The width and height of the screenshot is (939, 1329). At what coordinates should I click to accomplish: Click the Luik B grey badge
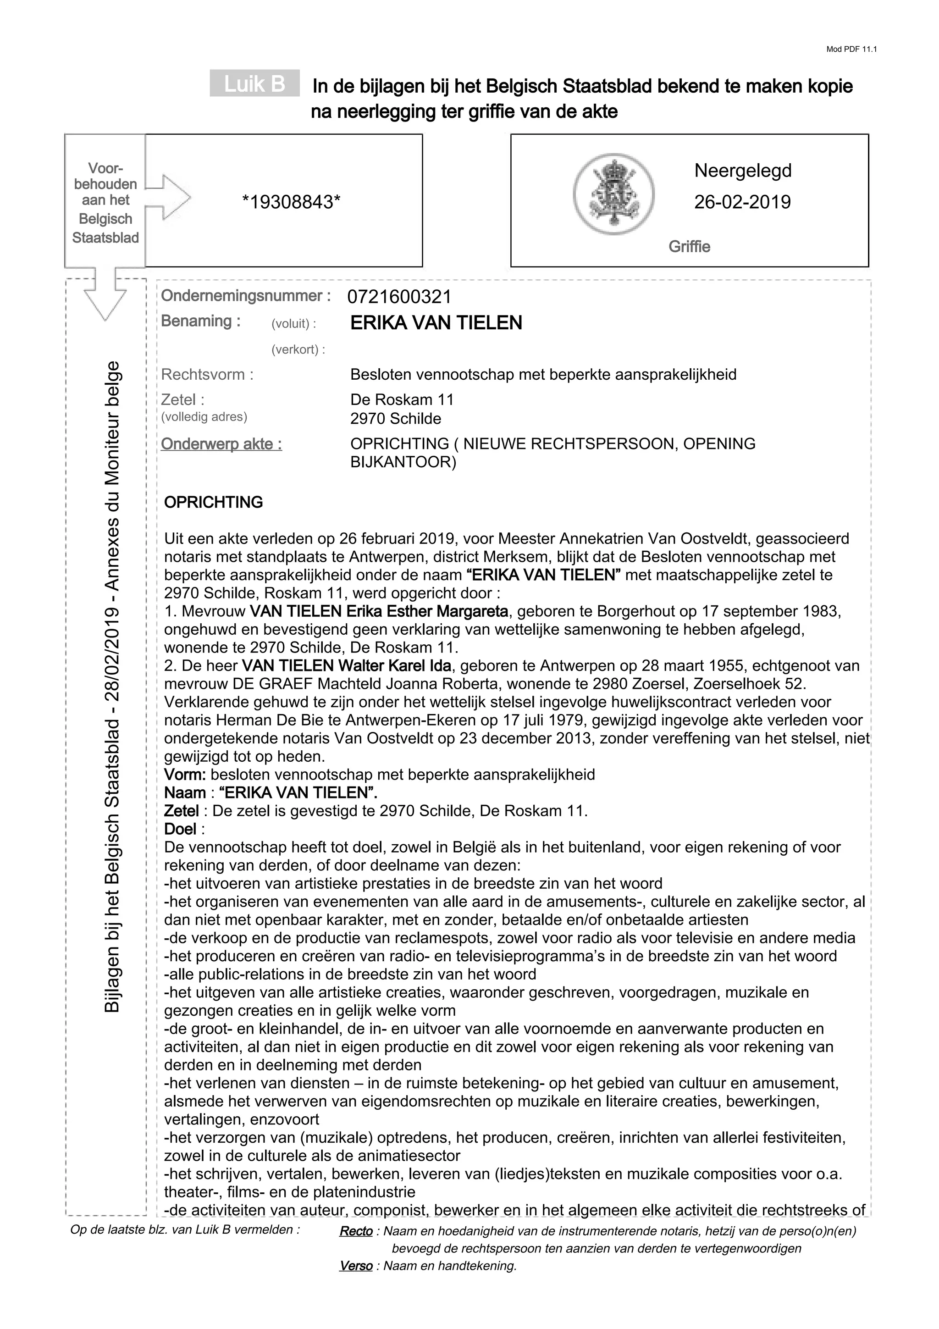(254, 84)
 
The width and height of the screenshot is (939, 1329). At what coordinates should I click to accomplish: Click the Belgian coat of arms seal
(613, 194)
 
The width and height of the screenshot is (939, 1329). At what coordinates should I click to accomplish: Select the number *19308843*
(291, 202)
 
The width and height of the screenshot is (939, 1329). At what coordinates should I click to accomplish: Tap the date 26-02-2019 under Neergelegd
(742, 202)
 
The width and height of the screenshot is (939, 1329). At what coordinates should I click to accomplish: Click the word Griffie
(689, 247)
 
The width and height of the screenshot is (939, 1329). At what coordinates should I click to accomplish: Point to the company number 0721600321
(399, 297)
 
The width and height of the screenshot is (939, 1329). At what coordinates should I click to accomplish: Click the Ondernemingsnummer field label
(246, 296)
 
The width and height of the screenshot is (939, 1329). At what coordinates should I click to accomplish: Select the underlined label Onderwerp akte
(221, 444)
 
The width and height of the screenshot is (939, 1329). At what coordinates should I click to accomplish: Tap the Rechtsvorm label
(207, 375)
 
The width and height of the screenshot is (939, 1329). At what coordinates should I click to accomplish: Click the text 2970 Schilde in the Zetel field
(396, 419)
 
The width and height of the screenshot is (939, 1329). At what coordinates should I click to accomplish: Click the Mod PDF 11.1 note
(851, 49)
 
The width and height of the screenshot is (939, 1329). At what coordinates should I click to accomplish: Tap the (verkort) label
(298, 349)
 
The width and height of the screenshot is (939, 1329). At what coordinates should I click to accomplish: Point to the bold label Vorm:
(185, 775)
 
